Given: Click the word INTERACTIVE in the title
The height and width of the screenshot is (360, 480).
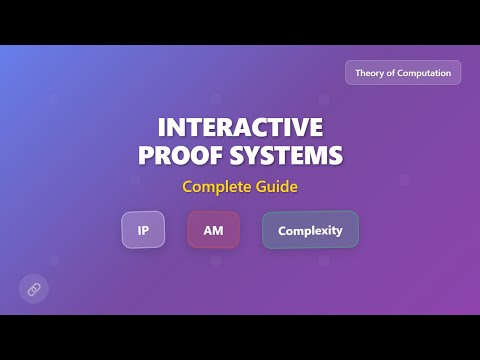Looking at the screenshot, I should tap(240, 129).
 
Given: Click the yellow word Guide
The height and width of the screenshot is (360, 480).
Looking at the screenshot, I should tap(275, 186).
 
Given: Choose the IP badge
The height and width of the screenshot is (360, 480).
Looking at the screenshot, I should tap(143, 230).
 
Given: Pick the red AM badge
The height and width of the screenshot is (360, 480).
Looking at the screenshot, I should tap(213, 230).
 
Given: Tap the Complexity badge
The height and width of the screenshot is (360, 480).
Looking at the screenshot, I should tap(310, 230).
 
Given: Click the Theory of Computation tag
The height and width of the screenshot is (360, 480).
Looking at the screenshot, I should tap(403, 73).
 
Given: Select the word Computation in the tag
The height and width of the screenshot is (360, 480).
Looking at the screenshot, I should tap(427, 73).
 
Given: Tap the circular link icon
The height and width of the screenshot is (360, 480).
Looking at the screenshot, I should tap(33, 289).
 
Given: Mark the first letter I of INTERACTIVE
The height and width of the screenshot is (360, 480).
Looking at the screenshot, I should tap(161, 129).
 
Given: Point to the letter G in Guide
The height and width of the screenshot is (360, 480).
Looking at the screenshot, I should tap(258, 186).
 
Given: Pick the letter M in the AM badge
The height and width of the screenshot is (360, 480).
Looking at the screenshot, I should tap(218, 230).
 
